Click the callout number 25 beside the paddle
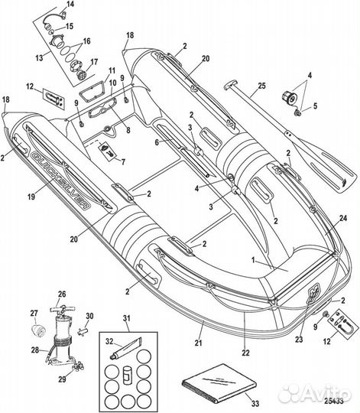(261, 86)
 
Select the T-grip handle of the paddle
(230, 86)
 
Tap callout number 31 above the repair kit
(127, 318)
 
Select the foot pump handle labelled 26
(62, 308)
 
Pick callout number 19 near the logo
(31, 197)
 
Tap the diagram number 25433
(334, 402)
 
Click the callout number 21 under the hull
(198, 343)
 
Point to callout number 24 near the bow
(343, 218)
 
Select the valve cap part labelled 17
(80, 74)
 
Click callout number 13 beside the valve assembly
(39, 57)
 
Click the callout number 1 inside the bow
(253, 260)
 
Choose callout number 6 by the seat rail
(157, 142)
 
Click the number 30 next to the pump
(89, 316)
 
